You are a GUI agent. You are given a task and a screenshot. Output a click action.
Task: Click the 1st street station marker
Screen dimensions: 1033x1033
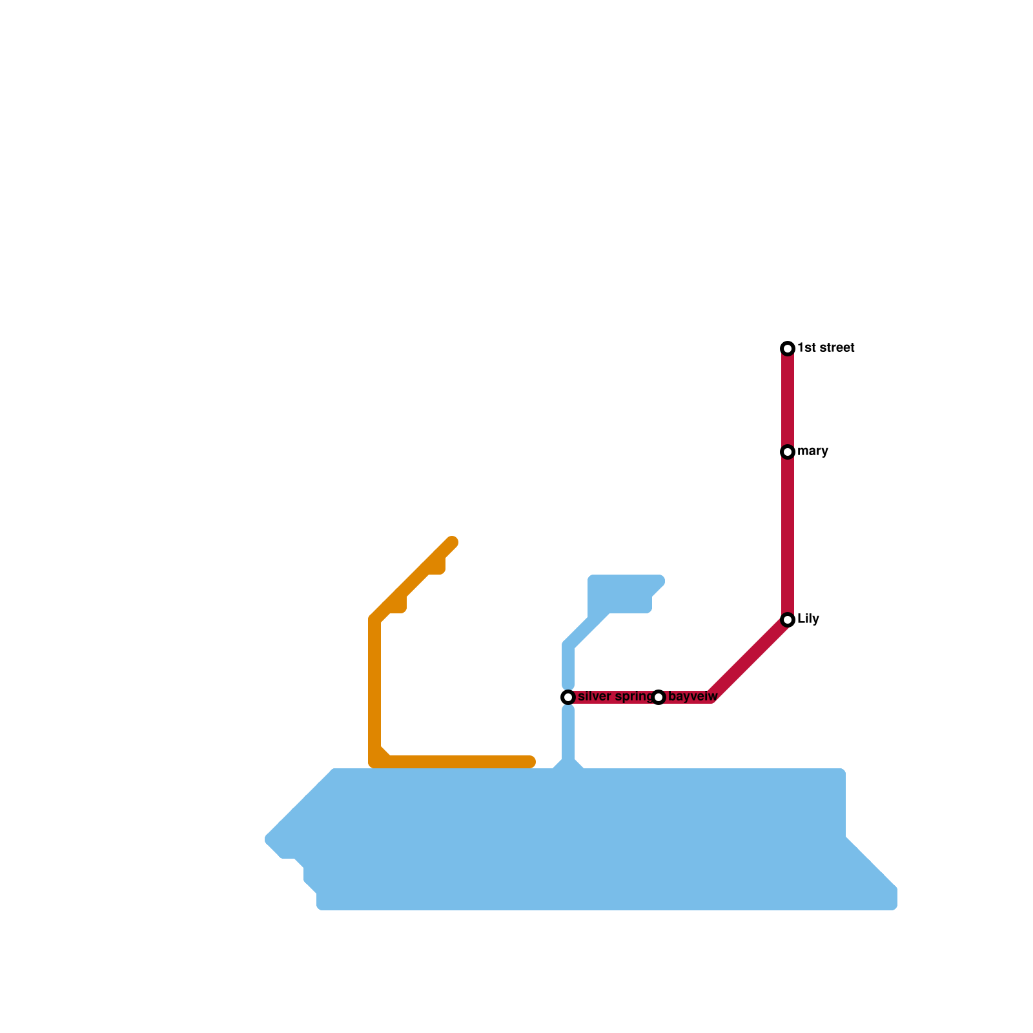[x=788, y=349]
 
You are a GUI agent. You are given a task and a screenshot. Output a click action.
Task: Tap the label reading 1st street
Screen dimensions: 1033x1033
[x=826, y=348]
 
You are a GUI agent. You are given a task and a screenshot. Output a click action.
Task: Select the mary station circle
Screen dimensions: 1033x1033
[x=788, y=452]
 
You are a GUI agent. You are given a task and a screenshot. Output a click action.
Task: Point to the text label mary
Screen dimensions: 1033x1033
[x=812, y=451]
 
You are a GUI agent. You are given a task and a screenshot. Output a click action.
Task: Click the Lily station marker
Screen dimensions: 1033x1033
[x=788, y=620]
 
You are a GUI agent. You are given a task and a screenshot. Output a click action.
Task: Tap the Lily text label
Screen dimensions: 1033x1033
[x=808, y=619]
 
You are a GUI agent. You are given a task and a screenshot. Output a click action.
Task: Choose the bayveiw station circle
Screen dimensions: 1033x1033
[x=659, y=697]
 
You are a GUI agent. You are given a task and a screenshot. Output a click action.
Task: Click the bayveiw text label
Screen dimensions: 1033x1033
[x=693, y=697]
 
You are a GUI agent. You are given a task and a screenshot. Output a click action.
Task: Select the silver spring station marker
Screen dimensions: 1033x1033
[x=568, y=697]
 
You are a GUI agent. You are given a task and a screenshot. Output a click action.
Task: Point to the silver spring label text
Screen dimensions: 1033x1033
[x=615, y=697]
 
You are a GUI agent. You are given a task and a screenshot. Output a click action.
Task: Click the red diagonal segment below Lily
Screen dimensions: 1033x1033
[x=749, y=659]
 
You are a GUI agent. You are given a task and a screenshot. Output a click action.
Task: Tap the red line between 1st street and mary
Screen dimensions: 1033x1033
[x=788, y=400]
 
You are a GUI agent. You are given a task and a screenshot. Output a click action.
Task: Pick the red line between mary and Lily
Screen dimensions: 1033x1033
[x=788, y=536]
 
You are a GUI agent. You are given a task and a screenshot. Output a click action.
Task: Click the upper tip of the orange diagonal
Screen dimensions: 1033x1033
[x=452, y=542]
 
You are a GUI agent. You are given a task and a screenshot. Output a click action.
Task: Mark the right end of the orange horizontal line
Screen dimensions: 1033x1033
[x=531, y=762]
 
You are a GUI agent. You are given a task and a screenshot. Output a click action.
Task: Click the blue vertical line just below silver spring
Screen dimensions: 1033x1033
[x=568, y=733]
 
